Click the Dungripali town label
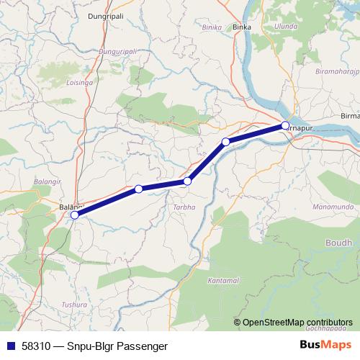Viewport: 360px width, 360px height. pos(107,13)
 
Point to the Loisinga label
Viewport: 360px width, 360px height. pos(79,83)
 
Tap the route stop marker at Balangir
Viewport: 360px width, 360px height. pos(75,215)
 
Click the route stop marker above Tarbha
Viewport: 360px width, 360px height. pos(187,181)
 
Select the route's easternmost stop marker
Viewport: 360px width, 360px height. pos(285,126)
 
